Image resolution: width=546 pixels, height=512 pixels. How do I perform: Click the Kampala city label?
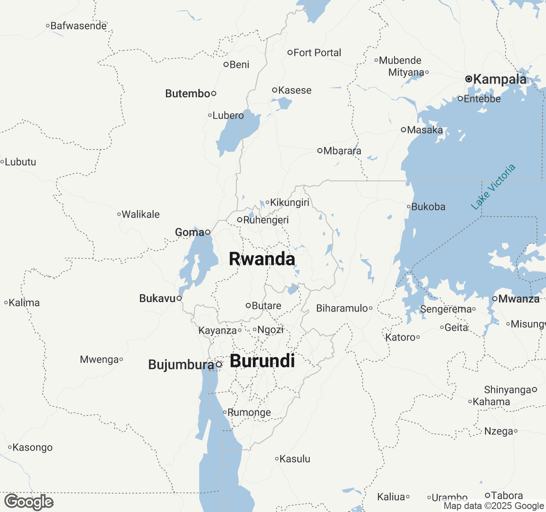[x=500, y=79]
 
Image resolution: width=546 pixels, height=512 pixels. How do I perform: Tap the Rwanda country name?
[x=262, y=259]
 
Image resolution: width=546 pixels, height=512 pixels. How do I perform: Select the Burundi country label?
[x=262, y=361]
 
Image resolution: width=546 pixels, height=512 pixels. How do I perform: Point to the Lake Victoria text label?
[x=493, y=187]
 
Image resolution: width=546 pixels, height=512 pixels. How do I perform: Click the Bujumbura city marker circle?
[x=219, y=364]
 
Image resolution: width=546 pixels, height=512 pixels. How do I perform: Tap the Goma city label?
[x=189, y=232]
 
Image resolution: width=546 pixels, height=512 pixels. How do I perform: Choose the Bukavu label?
[x=157, y=298]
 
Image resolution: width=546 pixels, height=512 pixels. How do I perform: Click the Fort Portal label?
[x=317, y=52]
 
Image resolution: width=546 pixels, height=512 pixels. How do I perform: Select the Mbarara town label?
[x=342, y=151]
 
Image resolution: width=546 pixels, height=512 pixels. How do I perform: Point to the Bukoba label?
[x=428, y=207]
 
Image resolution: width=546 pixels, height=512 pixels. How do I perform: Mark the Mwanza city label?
[x=519, y=299]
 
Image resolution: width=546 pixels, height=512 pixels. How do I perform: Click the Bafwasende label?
[x=78, y=26]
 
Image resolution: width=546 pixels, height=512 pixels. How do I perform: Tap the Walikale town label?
[x=141, y=214]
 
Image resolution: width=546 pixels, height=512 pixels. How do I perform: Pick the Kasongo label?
[x=32, y=448]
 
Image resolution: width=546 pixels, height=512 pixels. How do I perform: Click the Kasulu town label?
[x=295, y=459]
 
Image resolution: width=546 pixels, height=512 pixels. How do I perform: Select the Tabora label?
[x=507, y=495]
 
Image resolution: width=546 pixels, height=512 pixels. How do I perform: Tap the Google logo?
[x=29, y=502]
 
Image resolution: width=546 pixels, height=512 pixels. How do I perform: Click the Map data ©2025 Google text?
[x=494, y=506]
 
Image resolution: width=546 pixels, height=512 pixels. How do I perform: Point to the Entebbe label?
[x=482, y=99]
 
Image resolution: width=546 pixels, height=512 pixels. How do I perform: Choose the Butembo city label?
[x=188, y=93]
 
